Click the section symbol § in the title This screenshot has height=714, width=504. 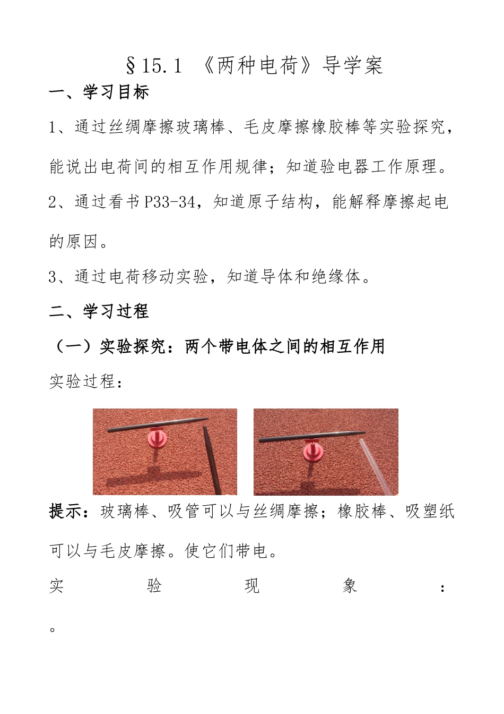point(131,66)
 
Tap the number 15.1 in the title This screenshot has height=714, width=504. point(162,66)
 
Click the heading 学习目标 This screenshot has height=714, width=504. point(116,92)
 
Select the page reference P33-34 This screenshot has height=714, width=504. point(169,201)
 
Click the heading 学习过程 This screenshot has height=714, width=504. point(116,311)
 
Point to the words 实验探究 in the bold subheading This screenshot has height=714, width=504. point(133,346)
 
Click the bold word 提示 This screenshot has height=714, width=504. point(65,512)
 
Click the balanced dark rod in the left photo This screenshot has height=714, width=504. point(158,424)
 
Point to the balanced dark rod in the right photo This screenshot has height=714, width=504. point(312,436)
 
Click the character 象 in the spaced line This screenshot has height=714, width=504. point(350,585)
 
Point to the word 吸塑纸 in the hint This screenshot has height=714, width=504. point(430,512)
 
